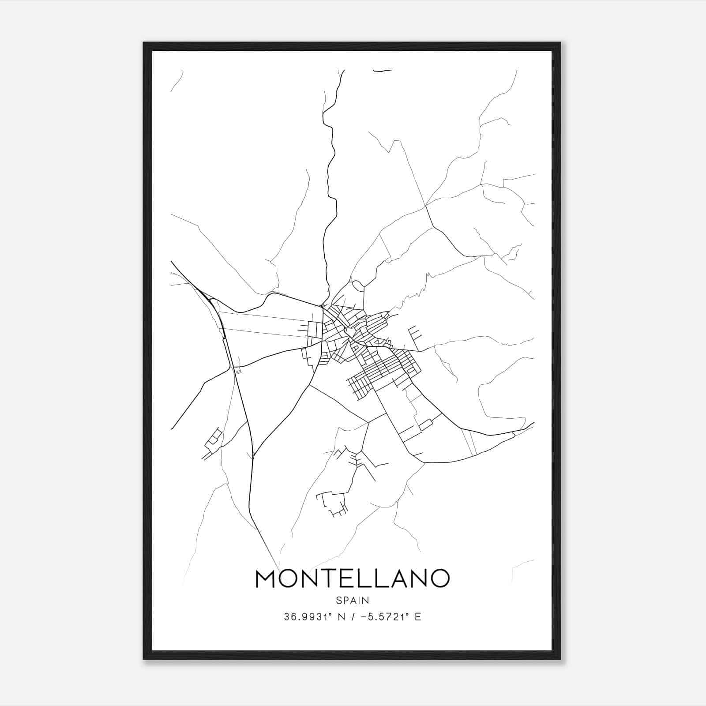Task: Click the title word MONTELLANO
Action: tap(352, 578)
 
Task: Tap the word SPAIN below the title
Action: tap(352, 601)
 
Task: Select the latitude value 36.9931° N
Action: tap(314, 617)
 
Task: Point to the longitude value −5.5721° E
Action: tap(391, 617)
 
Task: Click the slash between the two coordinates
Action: tap(352, 617)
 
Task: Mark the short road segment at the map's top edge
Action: tap(382, 70)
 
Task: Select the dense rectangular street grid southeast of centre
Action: tap(384, 368)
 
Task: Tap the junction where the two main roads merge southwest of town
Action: tap(254, 454)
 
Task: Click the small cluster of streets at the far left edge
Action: tap(212, 441)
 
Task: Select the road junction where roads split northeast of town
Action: tap(425, 206)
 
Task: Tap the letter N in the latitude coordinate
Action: tap(341, 617)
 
